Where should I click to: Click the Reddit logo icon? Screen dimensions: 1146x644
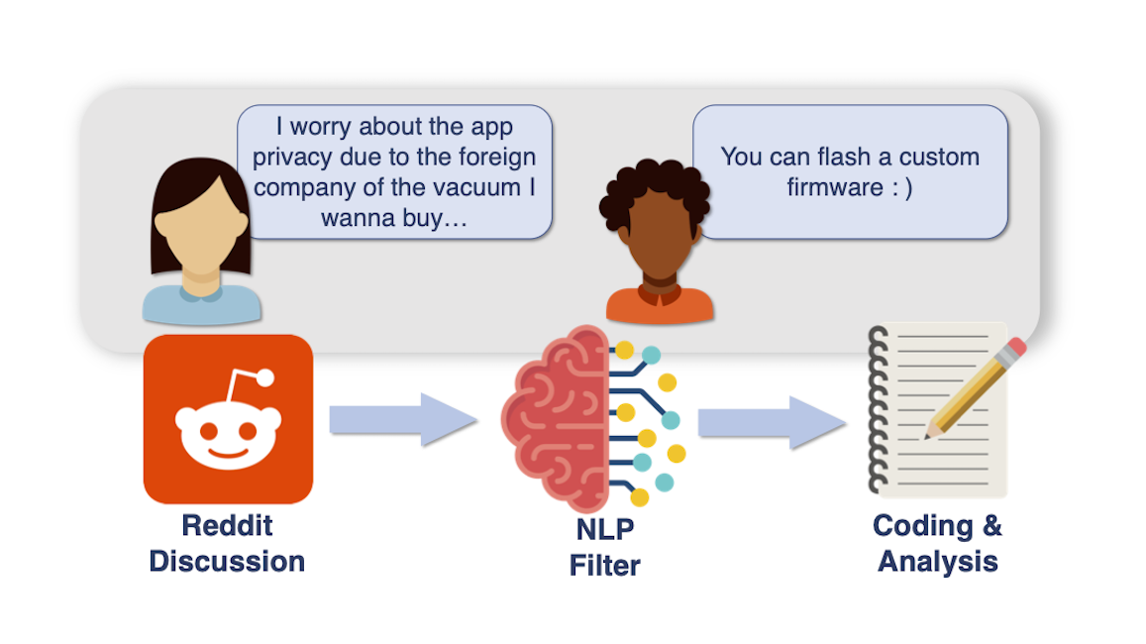[x=228, y=419]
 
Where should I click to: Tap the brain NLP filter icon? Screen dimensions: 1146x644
[x=592, y=418]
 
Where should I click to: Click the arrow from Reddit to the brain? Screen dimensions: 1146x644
[x=403, y=419]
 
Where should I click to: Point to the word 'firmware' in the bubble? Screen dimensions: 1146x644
[x=835, y=187]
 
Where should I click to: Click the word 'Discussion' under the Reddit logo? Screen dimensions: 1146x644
[x=227, y=562]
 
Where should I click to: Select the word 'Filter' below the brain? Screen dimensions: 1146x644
[x=605, y=565]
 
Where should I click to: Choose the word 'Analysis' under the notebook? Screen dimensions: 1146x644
[x=938, y=562]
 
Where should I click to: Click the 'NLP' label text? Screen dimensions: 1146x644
[x=605, y=529]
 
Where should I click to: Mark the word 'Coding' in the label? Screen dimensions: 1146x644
[x=922, y=526]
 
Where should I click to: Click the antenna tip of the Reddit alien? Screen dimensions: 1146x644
[x=265, y=377]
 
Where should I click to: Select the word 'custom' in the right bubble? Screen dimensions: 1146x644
[x=938, y=158]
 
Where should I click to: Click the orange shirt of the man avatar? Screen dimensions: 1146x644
[x=660, y=305]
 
